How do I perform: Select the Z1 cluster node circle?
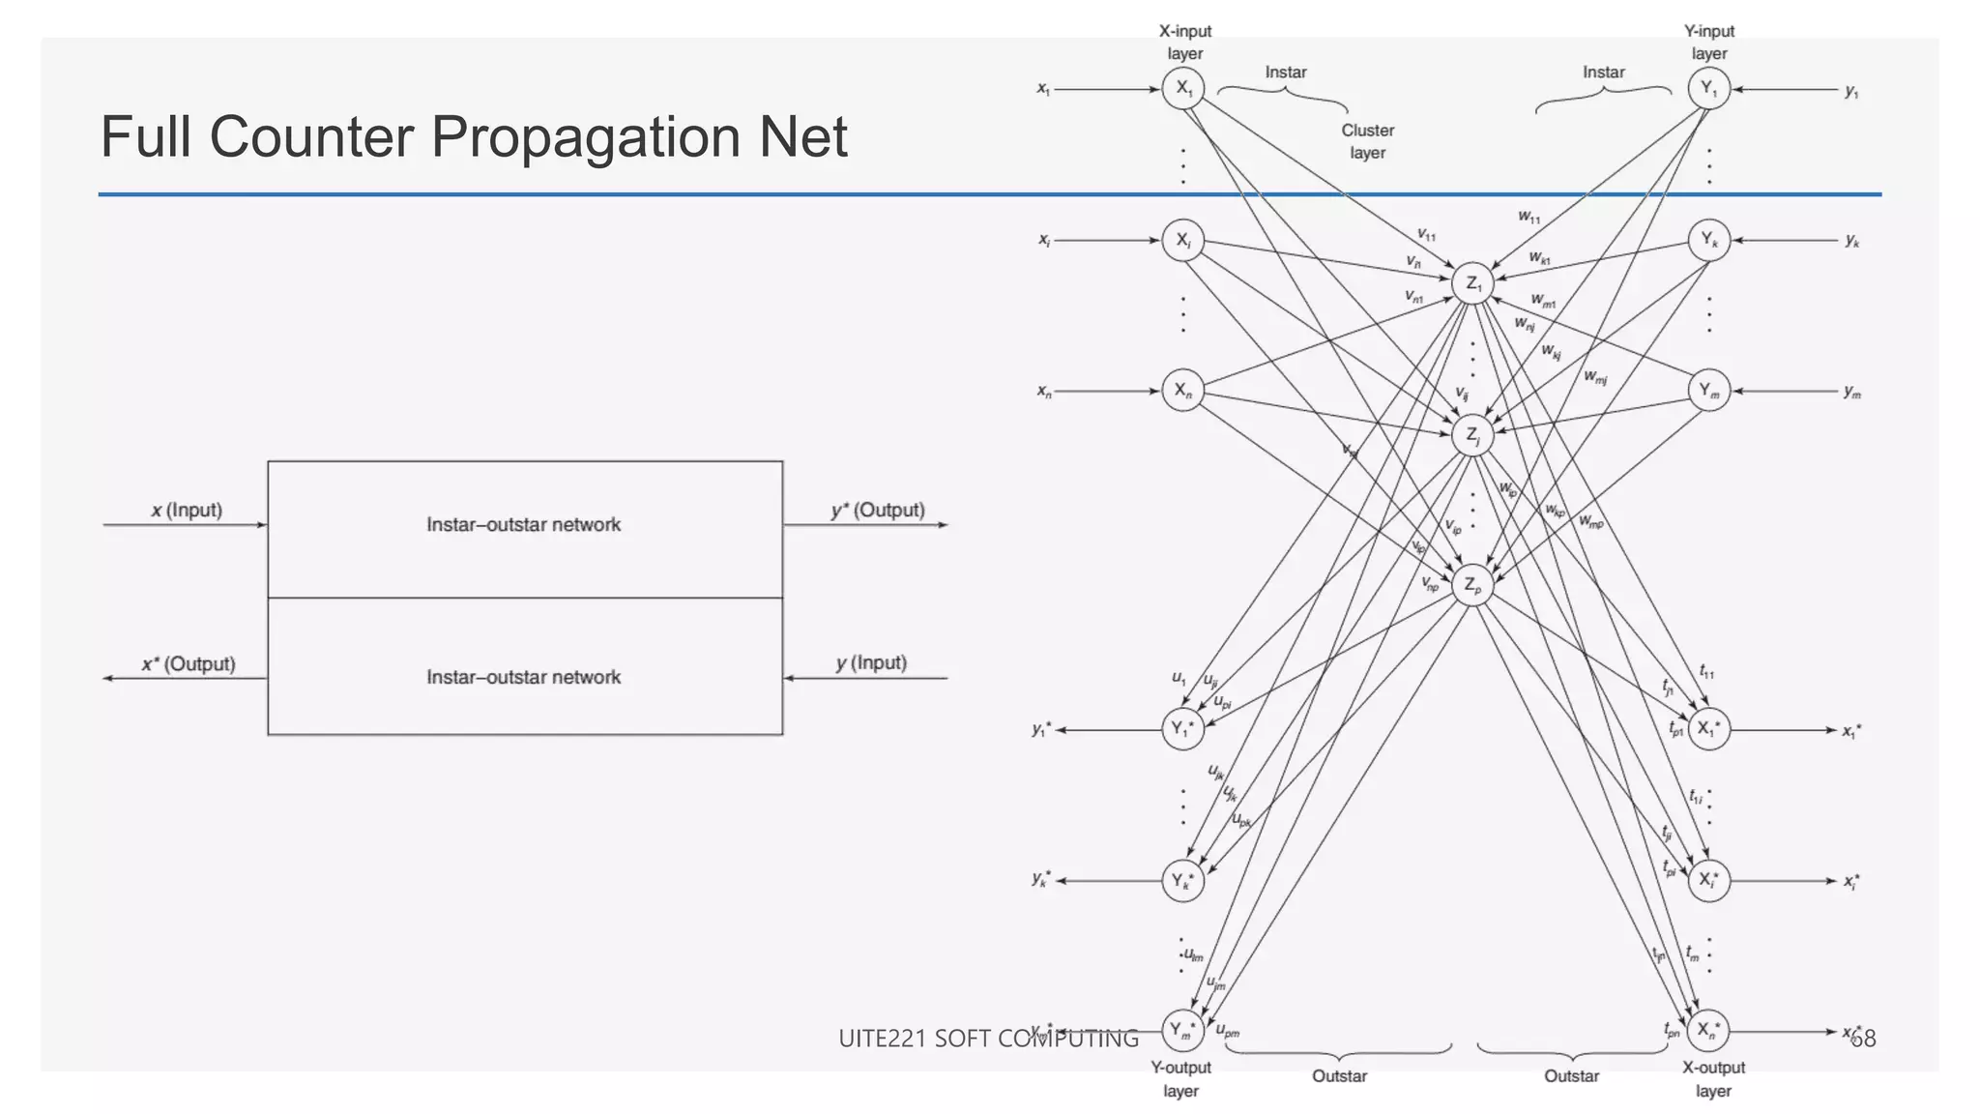tap(1472, 283)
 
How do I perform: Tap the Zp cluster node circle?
tap(1472, 585)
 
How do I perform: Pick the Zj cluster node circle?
tap(1472, 435)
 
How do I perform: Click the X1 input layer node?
tap(1182, 89)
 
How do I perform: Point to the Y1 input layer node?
tap(1708, 89)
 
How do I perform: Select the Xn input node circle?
tap(1182, 391)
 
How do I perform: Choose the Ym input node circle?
tap(1708, 391)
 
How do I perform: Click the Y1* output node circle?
tap(1182, 729)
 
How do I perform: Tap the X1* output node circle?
tap(1708, 729)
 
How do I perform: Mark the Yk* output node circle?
tap(1182, 881)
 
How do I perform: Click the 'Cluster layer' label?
tap(1367, 141)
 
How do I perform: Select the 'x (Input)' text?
tap(187, 510)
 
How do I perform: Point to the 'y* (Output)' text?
tap(878, 510)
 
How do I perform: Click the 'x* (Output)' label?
tap(189, 664)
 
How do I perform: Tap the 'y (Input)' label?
tap(871, 663)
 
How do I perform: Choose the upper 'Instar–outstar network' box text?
tap(523, 524)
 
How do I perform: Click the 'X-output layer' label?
tap(1713, 1079)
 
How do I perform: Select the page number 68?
tap(1863, 1039)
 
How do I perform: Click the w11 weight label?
tap(1529, 218)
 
